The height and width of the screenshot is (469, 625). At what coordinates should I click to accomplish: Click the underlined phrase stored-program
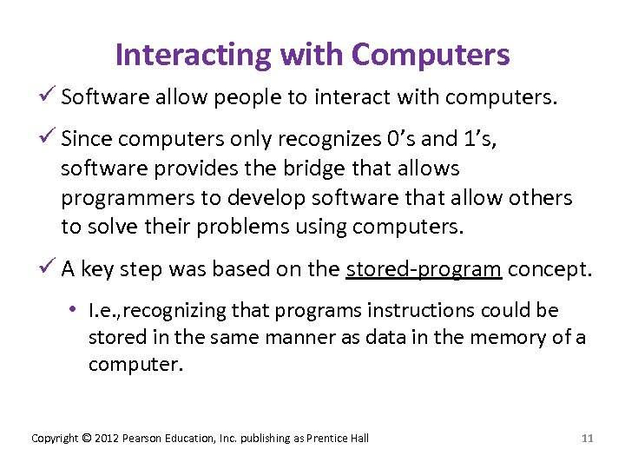(x=424, y=269)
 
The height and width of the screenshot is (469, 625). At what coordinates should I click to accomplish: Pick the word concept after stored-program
(x=549, y=269)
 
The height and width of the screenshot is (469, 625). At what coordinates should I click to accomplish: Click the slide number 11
(x=587, y=438)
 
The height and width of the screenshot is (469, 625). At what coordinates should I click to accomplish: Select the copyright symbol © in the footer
(x=86, y=438)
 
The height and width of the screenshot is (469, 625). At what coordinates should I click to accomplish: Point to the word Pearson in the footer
(x=142, y=438)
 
